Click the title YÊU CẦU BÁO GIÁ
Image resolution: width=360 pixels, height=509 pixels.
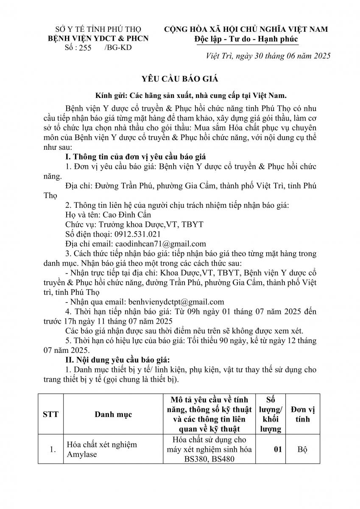coord(180,79)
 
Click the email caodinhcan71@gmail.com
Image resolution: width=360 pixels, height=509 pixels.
coord(160,243)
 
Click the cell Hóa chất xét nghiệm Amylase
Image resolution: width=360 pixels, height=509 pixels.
coord(103,450)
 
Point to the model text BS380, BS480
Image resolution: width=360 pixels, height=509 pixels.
coord(210,460)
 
